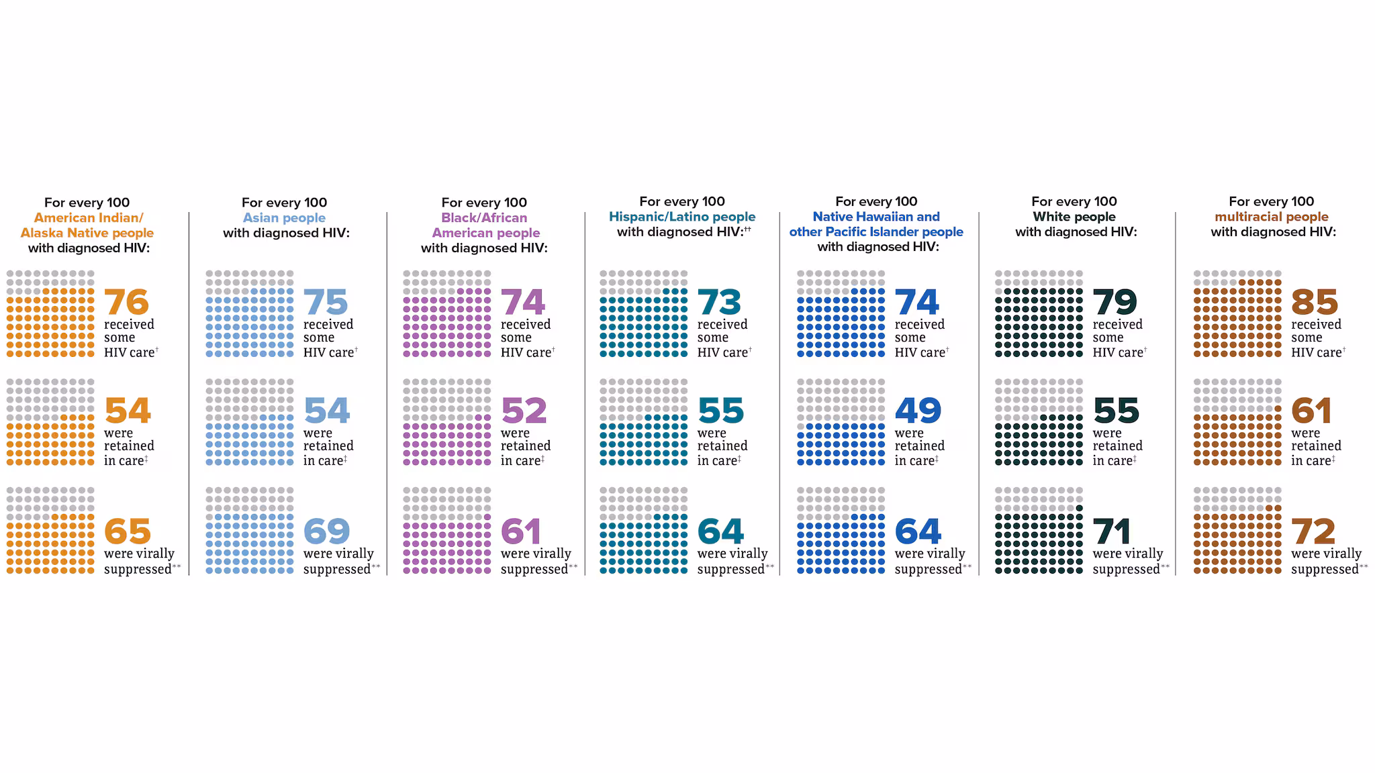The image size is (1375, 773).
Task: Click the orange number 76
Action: click(126, 302)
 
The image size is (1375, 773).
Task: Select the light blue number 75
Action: click(326, 302)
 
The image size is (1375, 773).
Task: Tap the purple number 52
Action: click(524, 411)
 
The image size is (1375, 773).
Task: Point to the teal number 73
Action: click(719, 302)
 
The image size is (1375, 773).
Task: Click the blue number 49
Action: click(918, 411)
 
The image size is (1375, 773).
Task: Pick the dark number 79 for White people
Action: click(1115, 302)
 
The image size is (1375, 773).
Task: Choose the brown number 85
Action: click(1314, 302)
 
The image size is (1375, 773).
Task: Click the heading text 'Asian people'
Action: click(284, 218)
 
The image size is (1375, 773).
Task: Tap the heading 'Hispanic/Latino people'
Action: click(681, 217)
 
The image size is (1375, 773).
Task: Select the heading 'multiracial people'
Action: click(1271, 217)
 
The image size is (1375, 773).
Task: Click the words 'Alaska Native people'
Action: click(87, 233)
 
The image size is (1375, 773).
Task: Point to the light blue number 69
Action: click(326, 532)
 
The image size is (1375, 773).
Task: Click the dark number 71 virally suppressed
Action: click(1112, 532)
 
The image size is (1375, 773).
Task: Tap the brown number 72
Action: click(1313, 532)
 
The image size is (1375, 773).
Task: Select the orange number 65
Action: click(128, 532)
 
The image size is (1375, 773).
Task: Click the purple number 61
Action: click(521, 532)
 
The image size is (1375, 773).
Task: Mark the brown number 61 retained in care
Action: click(1311, 411)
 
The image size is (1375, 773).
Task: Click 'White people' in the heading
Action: click(1074, 217)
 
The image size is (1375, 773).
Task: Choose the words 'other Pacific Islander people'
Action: click(875, 232)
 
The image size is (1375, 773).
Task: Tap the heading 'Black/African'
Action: click(483, 218)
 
